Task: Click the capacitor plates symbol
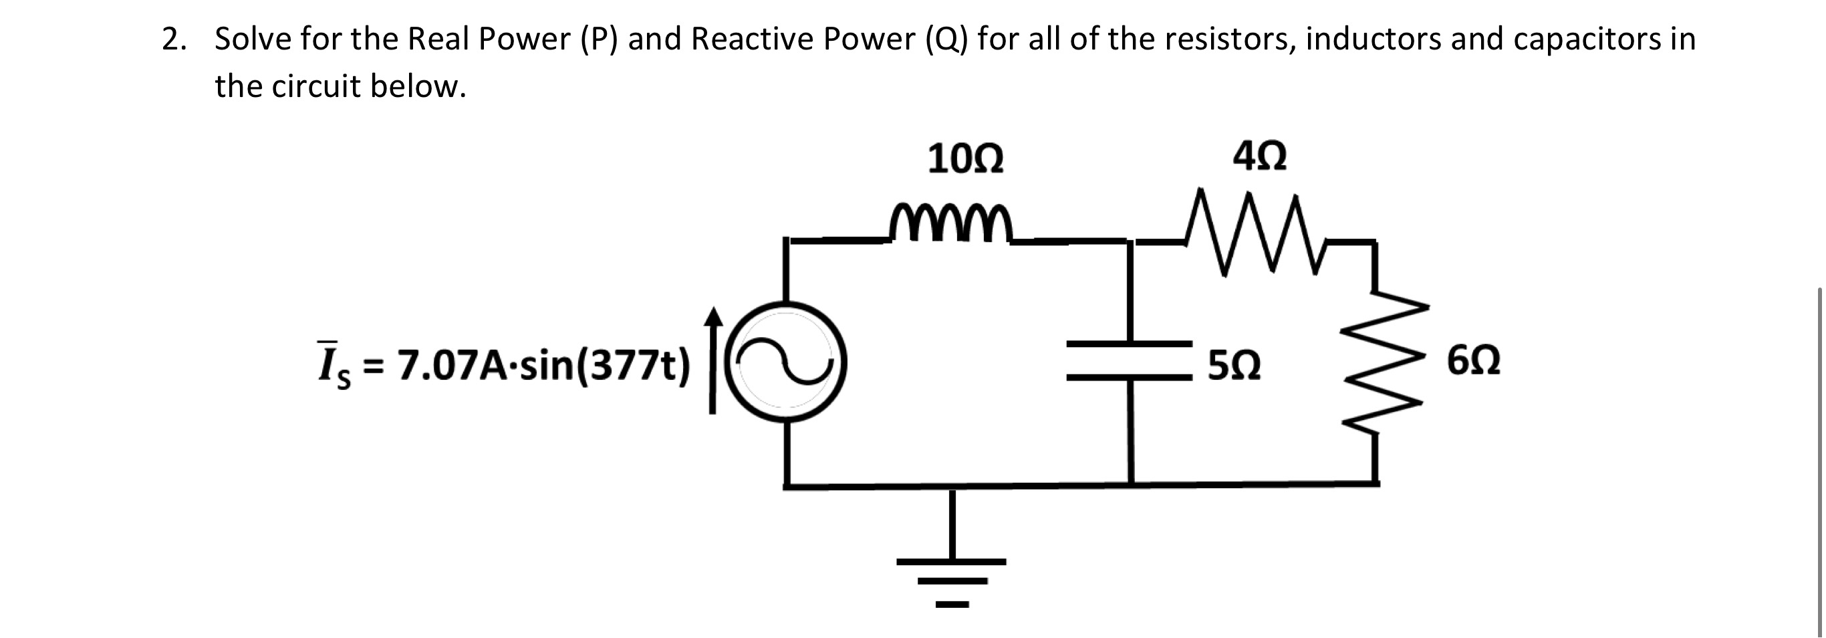(x=1130, y=361)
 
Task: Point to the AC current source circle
(x=785, y=362)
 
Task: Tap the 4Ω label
(x=1259, y=156)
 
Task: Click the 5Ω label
(x=1234, y=366)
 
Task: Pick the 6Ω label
(x=1473, y=362)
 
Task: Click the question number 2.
(x=174, y=39)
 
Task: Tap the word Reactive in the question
(x=751, y=39)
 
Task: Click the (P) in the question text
(x=599, y=39)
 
